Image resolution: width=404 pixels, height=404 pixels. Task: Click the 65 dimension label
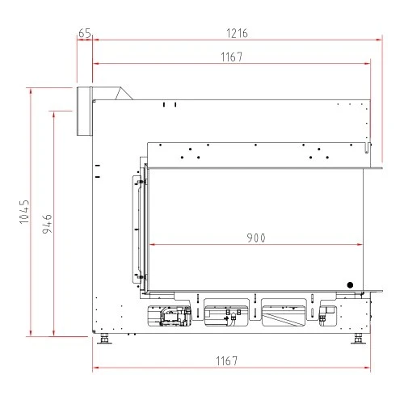coord(85,33)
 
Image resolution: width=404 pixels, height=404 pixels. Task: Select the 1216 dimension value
coord(237,33)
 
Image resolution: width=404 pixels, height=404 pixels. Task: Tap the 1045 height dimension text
coord(24,212)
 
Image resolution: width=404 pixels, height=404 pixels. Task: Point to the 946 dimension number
coord(48,224)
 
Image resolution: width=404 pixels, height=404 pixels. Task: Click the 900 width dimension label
coord(256,238)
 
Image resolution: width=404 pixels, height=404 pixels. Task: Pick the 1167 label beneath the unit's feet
coord(227,361)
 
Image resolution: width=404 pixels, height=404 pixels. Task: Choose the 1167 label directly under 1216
coord(232,57)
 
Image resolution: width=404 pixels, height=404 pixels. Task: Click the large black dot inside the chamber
coord(350,285)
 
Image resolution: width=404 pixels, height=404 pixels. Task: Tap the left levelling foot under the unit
coord(104,339)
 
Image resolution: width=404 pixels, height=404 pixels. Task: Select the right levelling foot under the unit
coord(358,339)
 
